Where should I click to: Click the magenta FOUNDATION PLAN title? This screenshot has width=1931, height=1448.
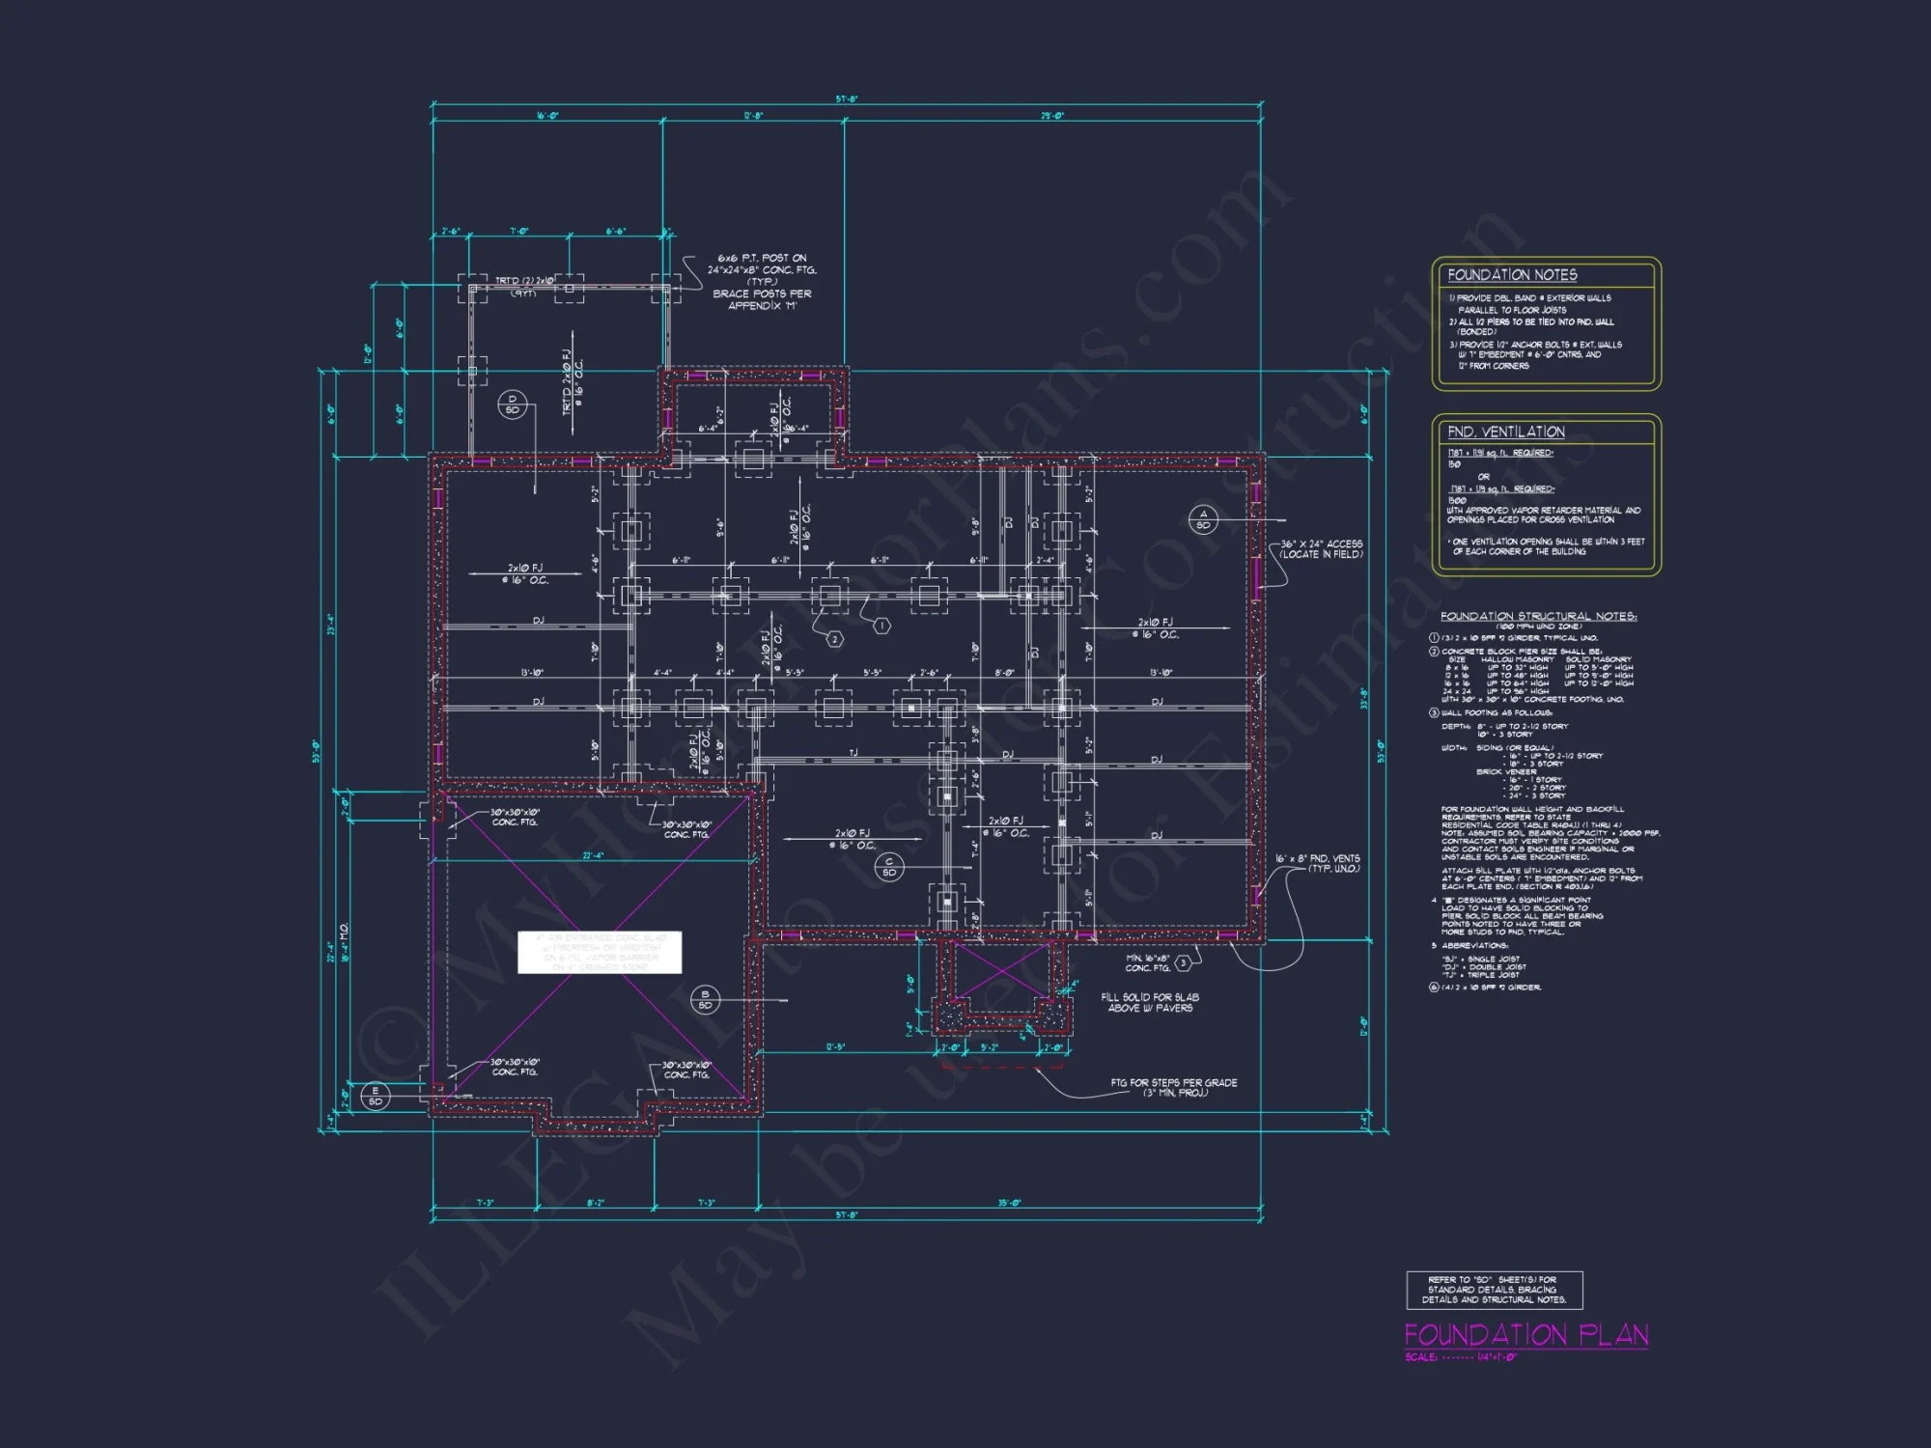coord(1525,1335)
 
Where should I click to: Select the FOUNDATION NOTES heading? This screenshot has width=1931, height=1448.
coord(1512,275)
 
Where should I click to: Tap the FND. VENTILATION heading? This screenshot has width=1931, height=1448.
coord(1505,432)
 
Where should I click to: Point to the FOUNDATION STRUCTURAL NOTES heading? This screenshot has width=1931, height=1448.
coord(1538,616)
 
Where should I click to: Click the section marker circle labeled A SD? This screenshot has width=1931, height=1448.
coord(1203,519)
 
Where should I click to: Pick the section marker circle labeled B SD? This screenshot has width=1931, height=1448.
coord(705,1000)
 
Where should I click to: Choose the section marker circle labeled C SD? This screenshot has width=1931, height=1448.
coord(889,867)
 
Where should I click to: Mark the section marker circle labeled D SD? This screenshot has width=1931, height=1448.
coord(513,404)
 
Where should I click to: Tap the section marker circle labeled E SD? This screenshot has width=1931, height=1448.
coord(375,1096)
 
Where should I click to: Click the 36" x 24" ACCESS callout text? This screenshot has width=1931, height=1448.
coord(1321,549)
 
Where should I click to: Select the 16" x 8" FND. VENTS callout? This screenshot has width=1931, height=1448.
coord(1318,863)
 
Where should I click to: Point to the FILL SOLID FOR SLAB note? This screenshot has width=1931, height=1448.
coord(1150,1002)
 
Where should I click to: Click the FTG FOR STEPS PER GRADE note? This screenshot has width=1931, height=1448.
coord(1173,1087)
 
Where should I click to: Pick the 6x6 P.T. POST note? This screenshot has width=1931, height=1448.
coord(762,281)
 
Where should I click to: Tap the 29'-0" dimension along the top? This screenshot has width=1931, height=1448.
coord(1052,116)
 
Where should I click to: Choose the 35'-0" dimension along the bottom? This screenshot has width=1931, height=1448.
coord(1009,1203)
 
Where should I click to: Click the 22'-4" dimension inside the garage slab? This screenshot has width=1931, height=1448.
coord(593,855)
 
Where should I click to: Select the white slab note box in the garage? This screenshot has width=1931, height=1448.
coord(600,952)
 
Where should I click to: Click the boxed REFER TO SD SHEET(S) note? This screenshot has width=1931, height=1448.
coord(1494,1290)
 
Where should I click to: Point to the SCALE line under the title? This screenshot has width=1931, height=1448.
coord(1461,1357)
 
